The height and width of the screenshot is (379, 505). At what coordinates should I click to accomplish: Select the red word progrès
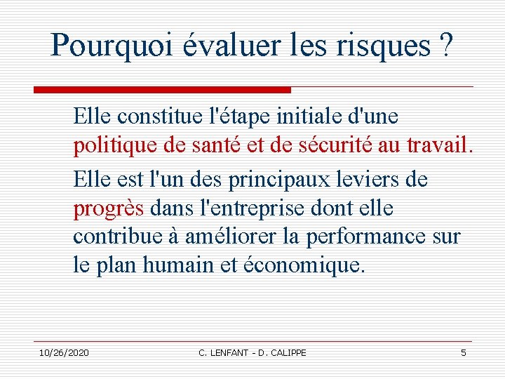click(x=109, y=208)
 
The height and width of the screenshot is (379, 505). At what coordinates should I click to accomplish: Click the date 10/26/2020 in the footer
click(x=64, y=352)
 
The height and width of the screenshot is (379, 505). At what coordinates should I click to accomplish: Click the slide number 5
click(x=464, y=352)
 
